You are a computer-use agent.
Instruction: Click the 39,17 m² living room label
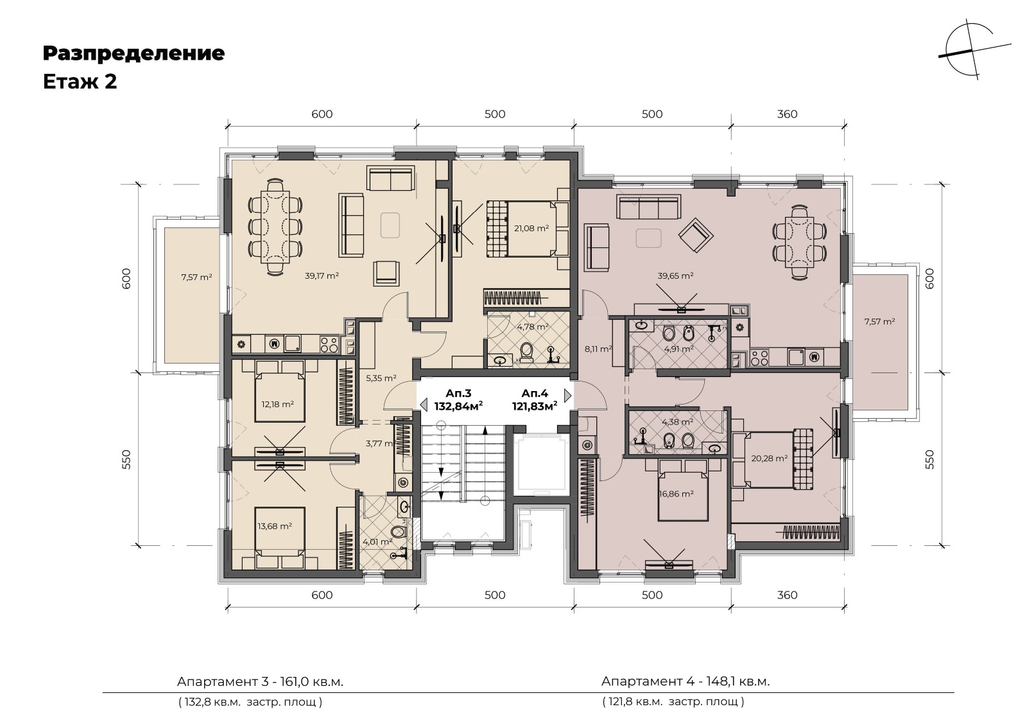pyautogui.click(x=322, y=276)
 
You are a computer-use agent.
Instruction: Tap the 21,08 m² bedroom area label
pyautogui.click(x=531, y=228)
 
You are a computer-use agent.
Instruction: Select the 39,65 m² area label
pyautogui.click(x=675, y=276)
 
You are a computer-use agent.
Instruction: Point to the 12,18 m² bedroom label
pyautogui.click(x=277, y=404)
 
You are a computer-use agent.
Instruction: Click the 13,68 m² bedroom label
pyautogui.click(x=275, y=526)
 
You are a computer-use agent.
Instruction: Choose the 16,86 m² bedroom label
pyautogui.click(x=676, y=493)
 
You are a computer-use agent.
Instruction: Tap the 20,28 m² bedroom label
pyautogui.click(x=770, y=458)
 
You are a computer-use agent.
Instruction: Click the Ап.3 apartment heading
pyautogui.click(x=458, y=393)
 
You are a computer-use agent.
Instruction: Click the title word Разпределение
pyautogui.click(x=134, y=53)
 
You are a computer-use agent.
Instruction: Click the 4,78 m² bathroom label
pyautogui.click(x=533, y=327)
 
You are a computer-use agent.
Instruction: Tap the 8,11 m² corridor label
pyautogui.click(x=598, y=349)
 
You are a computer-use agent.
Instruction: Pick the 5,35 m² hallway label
pyautogui.click(x=381, y=378)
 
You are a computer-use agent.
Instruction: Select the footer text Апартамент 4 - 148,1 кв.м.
pyautogui.click(x=686, y=681)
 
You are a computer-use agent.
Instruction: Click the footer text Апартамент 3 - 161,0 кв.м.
pyautogui.click(x=260, y=681)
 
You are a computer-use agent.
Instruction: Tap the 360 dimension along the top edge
pyautogui.click(x=787, y=114)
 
